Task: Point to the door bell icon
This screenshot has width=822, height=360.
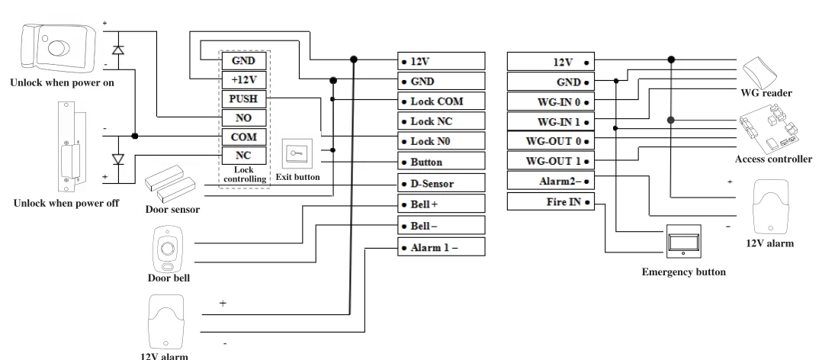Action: pyautogui.click(x=167, y=249)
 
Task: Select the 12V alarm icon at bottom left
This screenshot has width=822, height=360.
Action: pyautogui.click(x=165, y=320)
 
